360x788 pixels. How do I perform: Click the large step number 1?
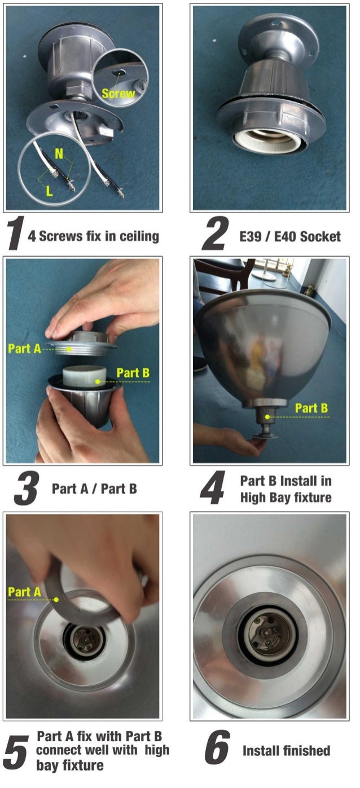click(14, 235)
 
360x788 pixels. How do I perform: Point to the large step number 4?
click(213, 489)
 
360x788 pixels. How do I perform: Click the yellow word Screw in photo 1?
click(118, 94)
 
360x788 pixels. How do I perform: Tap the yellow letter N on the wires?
click(59, 153)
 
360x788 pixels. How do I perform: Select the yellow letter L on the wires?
click(49, 191)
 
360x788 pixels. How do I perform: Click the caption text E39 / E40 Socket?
click(290, 236)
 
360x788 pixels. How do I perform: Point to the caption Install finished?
click(286, 751)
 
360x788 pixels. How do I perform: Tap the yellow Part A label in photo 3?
click(24, 348)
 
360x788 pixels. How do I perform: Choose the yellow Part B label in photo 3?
click(133, 373)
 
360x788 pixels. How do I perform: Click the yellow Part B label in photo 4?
click(312, 408)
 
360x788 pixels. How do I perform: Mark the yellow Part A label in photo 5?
click(24, 592)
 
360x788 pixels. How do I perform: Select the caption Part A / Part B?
click(94, 488)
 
